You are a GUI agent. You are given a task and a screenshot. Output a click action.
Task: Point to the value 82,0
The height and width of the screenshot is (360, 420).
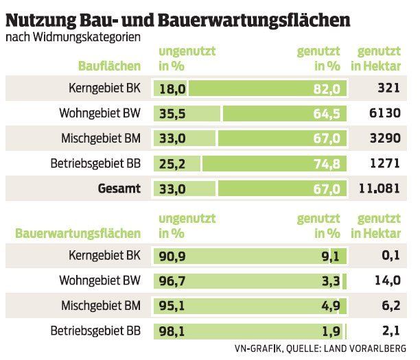[x=327, y=89]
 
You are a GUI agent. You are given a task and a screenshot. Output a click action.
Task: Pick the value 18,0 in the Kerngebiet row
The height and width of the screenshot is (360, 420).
[x=172, y=89]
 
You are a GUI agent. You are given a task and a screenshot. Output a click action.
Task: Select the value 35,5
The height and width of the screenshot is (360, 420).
[x=172, y=113]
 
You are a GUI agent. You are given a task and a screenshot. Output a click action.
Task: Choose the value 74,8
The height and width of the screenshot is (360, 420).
[x=327, y=163]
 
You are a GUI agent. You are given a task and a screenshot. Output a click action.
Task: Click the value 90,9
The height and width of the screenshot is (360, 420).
[x=172, y=256]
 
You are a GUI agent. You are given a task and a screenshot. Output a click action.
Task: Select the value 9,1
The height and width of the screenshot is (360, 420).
[x=331, y=256]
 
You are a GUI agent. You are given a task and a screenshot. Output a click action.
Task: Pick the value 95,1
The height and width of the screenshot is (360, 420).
[x=172, y=305]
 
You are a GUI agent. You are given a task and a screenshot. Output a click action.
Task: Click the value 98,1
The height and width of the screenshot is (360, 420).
[x=172, y=330]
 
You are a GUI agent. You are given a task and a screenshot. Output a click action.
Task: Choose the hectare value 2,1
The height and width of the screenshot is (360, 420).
[x=390, y=330]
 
